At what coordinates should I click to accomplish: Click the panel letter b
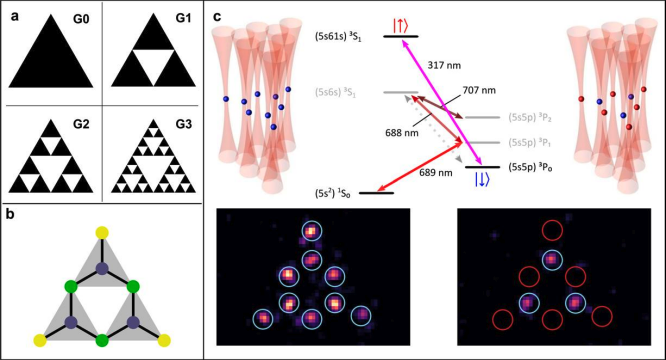click(14, 187)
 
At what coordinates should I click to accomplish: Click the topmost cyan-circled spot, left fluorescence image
click(310, 232)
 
